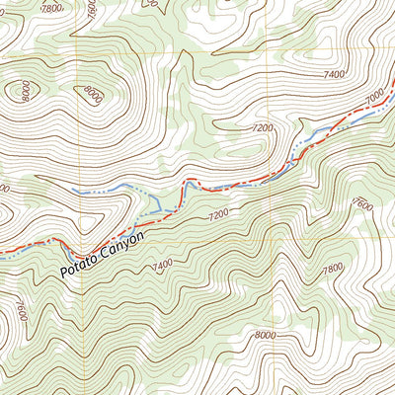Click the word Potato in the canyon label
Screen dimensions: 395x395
[78, 262]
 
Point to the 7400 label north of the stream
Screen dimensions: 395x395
[333, 74]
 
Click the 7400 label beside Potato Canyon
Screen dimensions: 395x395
[162, 264]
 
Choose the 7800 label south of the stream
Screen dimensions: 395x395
[333, 268]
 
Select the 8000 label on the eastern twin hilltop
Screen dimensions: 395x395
[92, 96]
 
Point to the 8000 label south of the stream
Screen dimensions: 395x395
[265, 335]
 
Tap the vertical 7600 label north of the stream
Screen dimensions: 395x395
[92, 10]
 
